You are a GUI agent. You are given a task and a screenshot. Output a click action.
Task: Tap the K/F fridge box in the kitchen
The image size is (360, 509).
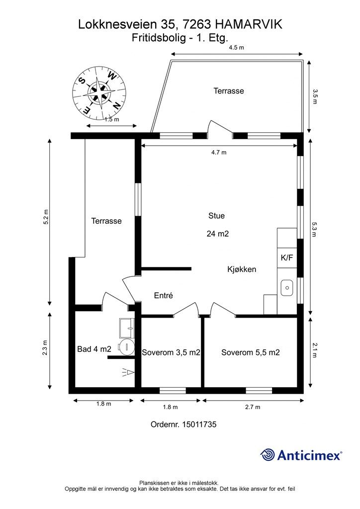[x=287, y=258]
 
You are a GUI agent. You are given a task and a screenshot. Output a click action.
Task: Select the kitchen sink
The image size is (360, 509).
[x=287, y=288]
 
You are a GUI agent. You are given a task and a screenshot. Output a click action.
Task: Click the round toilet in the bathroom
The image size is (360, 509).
[x=127, y=347]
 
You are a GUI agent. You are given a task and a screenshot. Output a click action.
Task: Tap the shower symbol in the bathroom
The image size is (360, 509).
[x=128, y=372]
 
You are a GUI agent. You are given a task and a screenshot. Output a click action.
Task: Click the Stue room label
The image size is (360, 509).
[x=216, y=216]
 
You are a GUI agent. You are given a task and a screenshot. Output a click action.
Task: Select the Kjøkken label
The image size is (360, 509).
[x=242, y=269]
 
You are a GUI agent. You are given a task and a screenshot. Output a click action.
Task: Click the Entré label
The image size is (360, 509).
[x=163, y=295]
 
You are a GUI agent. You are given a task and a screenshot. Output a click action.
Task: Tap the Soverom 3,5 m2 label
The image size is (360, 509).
[x=171, y=352]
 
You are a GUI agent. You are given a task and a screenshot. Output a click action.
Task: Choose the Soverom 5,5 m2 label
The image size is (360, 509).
[x=250, y=352]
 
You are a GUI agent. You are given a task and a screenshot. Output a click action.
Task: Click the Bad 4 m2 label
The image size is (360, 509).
[x=94, y=349]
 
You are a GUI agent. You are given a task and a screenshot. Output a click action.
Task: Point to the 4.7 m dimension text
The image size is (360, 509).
[x=219, y=152]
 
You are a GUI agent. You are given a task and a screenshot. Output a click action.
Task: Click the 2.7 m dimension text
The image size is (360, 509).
[x=253, y=407]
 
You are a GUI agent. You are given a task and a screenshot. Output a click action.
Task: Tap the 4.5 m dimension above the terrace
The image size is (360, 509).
[x=236, y=47]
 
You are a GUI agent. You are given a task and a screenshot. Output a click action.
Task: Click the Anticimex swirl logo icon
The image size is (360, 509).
[x=268, y=454]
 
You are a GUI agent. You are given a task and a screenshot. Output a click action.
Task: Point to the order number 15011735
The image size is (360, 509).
[x=199, y=424]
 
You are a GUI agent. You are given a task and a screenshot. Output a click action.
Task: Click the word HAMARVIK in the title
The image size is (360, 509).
[x=249, y=24]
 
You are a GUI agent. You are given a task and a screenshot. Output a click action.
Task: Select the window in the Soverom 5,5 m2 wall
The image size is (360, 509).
[x=259, y=390]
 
